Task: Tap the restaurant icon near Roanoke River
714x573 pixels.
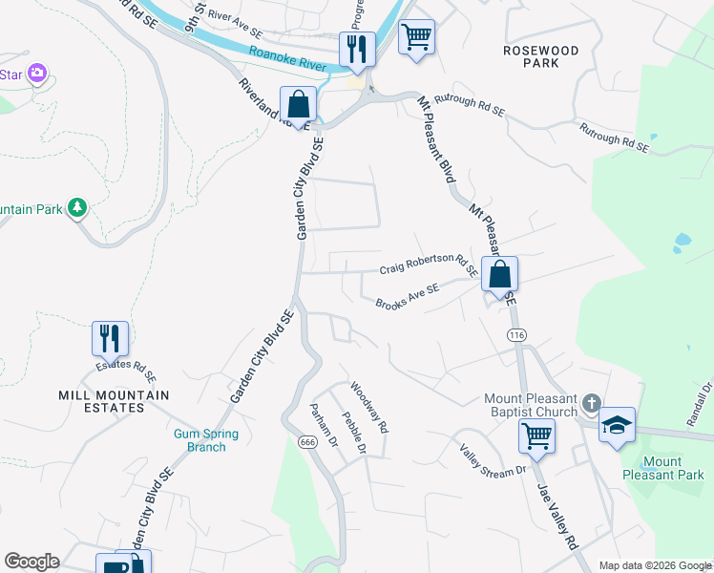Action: pos(357,49)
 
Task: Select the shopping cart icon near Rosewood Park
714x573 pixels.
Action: pos(416,38)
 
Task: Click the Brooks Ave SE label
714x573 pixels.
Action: pos(407,297)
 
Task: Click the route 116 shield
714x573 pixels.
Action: pos(516,335)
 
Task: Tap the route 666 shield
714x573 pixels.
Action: pos(306,442)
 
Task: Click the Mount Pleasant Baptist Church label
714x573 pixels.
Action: pos(531,405)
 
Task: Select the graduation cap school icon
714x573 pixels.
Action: pos(617,425)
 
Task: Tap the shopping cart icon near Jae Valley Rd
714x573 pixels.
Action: pos(536,435)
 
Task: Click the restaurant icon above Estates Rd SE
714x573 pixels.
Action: pos(110,338)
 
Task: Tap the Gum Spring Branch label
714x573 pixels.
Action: pos(206,440)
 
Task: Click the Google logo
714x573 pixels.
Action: pos(31,562)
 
